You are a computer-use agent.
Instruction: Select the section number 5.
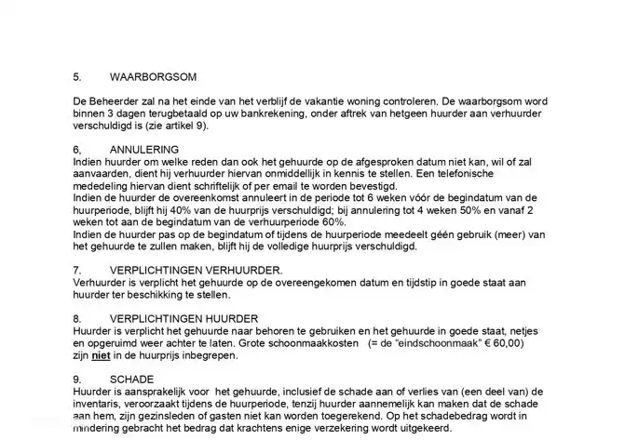coord(76,76)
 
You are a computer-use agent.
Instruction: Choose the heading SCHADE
coord(131,380)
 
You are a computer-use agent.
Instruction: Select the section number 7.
coord(76,270)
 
